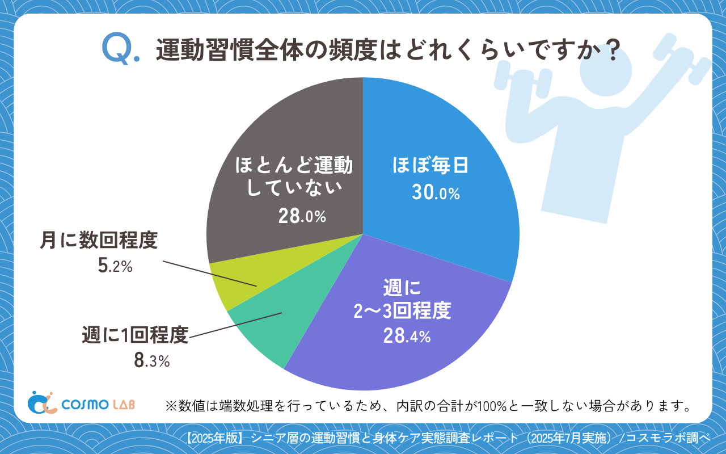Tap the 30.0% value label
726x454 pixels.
(x=436, y=194)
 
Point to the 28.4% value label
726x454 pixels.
(x=407, y=337)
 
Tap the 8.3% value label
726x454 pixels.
(x=151, y=361)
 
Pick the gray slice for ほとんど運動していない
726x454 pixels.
(x=284, y=142)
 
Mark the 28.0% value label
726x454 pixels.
(x=302, y=216)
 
